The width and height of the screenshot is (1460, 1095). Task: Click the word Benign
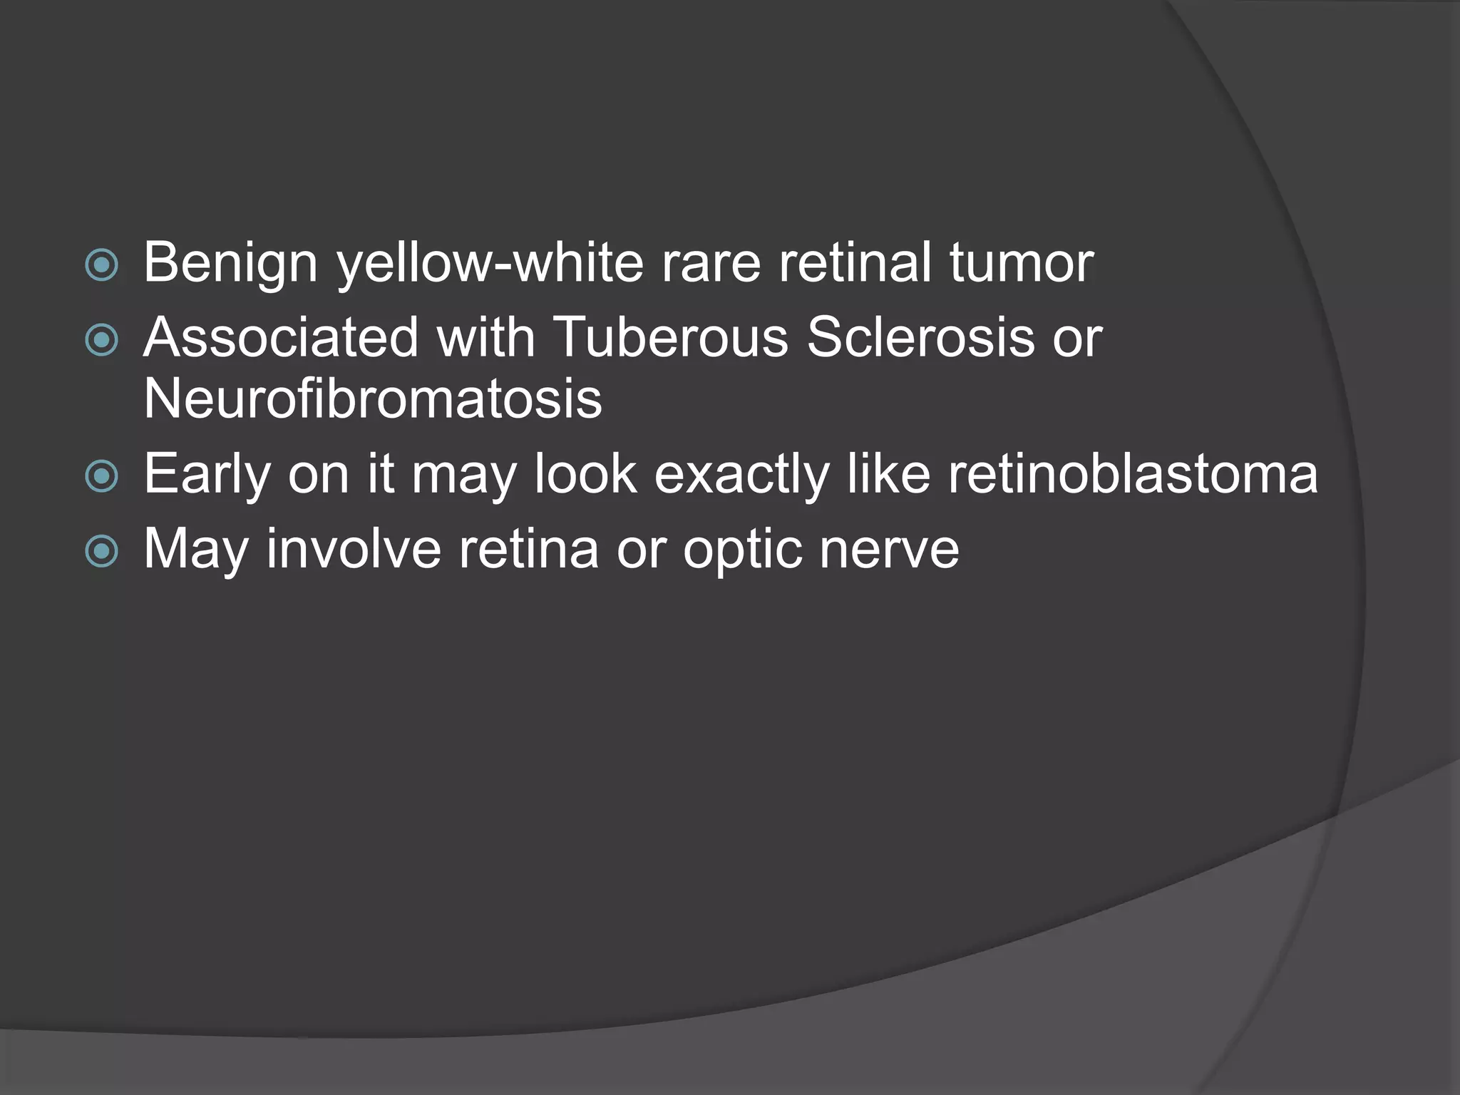pyautogui.click(x=230, y=263)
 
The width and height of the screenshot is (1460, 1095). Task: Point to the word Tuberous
pyautogui.click(x=670, y=337)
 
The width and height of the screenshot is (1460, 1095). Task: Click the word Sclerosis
pyautogui.click(x=920, y=337)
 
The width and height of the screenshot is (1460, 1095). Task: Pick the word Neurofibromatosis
pyautogui.click(x=373, y=399)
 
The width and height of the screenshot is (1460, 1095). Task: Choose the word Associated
pyautogui.click(x=281, y=337)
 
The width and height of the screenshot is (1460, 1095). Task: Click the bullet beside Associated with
pyautogui.click(x=101, y=340)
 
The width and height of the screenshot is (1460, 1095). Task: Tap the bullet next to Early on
pyautogui.click(x=101, y=476)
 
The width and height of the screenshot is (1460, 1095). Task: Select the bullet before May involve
pyautogui.click(x=101, y=551)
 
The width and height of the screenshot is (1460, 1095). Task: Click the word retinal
pyautogui.click(x=855, y=263)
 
